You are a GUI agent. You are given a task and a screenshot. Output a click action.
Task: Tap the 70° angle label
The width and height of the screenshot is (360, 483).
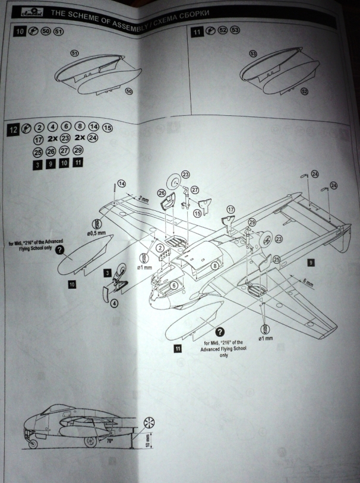coord(109,442)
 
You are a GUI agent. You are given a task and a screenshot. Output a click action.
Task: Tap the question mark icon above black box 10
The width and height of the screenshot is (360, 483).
coord(59,251)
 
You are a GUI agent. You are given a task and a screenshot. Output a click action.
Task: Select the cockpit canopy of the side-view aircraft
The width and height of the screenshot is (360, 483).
coord(56,410)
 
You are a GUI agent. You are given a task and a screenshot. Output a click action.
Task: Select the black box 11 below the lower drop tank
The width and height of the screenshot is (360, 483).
coord(178,349)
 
